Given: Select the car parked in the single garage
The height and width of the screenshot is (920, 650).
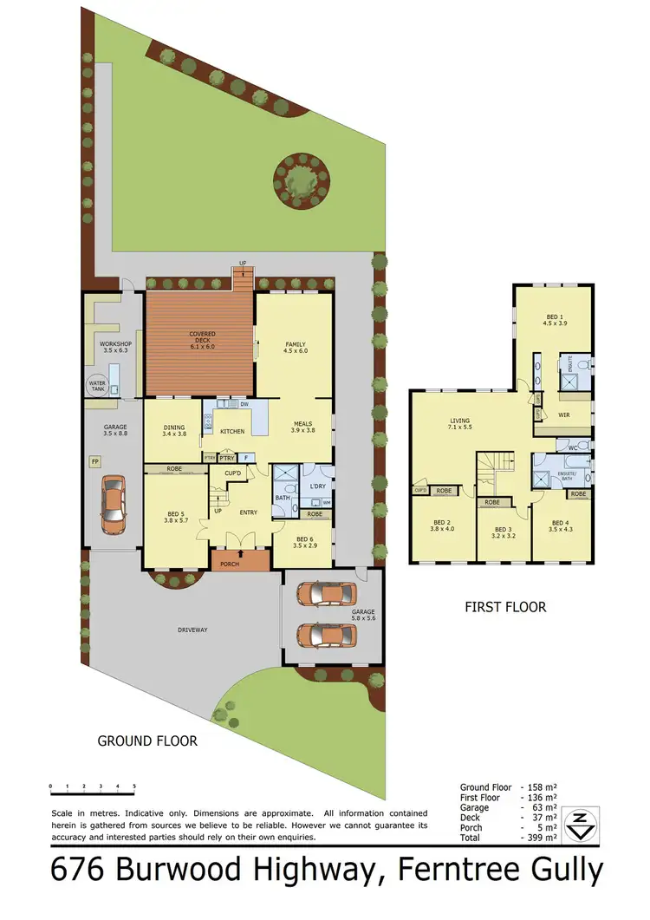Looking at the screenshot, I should [x=114, y=504].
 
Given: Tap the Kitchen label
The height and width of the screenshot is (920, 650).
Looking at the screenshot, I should [x=232, y=431].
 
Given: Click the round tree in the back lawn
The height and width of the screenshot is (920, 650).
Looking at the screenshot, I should [x=300, y=179].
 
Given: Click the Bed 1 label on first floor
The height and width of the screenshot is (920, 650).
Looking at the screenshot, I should [x=555, y=318].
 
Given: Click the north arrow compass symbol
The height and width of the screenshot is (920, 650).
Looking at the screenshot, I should [x=578, y=825].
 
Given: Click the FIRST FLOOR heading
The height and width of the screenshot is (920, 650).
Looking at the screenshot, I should [x=503, y=607].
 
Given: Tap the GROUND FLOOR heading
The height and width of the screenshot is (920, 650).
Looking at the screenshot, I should [x=147, y=741].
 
